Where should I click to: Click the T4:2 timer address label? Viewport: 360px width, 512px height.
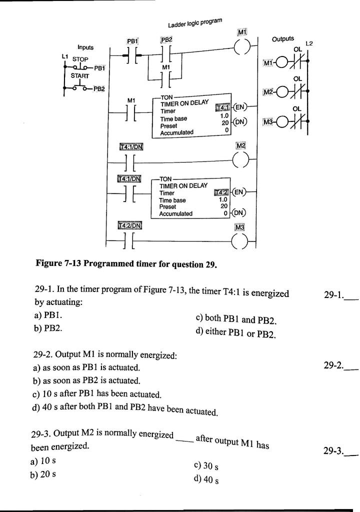[x=220, y=192]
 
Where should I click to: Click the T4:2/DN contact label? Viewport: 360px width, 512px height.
[x=129, y=226]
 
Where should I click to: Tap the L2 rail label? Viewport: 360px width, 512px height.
[x=309, y=44]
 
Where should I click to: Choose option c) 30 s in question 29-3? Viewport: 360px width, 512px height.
[x=205, y=465]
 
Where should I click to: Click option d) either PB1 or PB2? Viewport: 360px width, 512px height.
[x=236, y=332]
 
